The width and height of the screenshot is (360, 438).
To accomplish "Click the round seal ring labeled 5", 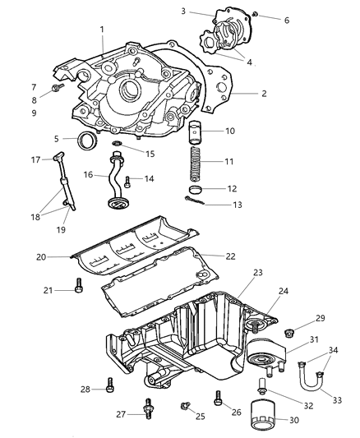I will [x=85, y=141].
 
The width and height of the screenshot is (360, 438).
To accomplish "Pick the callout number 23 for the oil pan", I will [x=257, y=272].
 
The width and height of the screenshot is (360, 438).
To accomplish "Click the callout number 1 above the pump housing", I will [x=102, y=30].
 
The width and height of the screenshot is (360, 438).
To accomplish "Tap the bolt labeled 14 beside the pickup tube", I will [x=128, y=181].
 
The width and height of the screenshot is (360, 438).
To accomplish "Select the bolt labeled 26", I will [x=218, y=397].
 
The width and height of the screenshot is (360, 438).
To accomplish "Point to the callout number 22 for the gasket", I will [x=230, y=256].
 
